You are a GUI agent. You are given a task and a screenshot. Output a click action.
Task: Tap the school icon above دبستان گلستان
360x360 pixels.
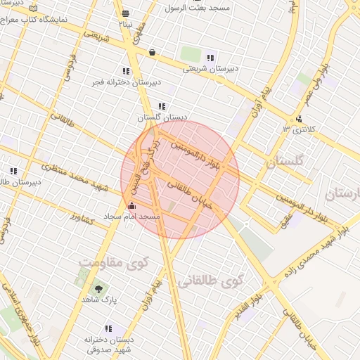click(x=162, y=106)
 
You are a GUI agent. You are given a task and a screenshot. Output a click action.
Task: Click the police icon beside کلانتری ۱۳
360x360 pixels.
click(x=300, y=119)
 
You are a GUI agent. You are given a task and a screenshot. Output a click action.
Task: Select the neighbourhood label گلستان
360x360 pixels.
click(x=285, y=162)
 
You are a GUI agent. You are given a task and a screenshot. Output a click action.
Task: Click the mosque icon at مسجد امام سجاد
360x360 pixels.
click(x=133, y=206)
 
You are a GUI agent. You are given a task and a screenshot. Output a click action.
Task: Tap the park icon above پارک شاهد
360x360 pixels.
click(x=98, y=288)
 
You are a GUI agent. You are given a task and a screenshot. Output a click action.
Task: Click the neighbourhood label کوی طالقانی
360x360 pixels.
click(x=209, y=281)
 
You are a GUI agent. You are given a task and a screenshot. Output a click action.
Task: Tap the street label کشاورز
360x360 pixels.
click(x=82, y=219)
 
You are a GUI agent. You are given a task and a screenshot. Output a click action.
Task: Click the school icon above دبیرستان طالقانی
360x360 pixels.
click(x=13, y=171)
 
